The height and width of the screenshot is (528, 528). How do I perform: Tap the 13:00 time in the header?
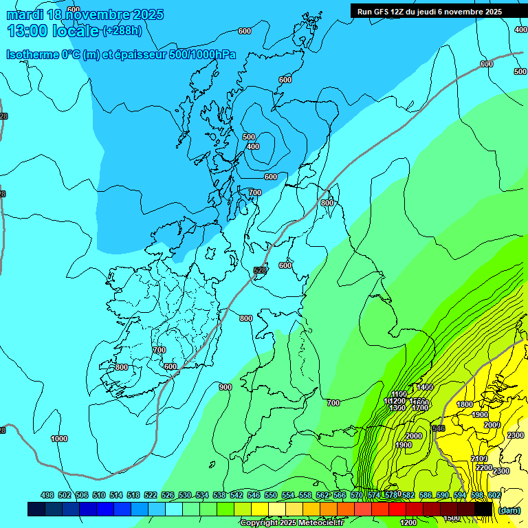pos(28,31)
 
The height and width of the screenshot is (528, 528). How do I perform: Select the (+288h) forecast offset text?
pos(122,31)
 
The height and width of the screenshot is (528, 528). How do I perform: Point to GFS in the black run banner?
pos(382,12)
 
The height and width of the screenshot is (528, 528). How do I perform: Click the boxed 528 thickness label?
pos(260,270)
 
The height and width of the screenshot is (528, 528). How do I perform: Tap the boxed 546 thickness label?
pos(438,428)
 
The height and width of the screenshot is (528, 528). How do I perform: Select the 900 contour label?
pos(225,387)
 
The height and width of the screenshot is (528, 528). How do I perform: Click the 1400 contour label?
pos(425,387)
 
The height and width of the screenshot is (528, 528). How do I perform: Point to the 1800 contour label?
pos(465,404)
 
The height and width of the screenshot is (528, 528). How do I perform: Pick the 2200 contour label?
pos(484,467)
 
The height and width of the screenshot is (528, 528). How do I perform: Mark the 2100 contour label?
pos(479,459)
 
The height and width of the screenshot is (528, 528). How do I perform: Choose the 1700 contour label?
pos(419,408)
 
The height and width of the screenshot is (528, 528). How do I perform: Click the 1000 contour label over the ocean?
pos(59,438)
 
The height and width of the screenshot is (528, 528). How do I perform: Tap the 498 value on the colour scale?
pos(47,495)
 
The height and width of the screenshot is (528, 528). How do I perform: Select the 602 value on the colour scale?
pos(494,495)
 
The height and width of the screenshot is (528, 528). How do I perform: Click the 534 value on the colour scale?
pos(202,495)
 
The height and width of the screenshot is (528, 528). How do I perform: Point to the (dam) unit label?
pos(509,509)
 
